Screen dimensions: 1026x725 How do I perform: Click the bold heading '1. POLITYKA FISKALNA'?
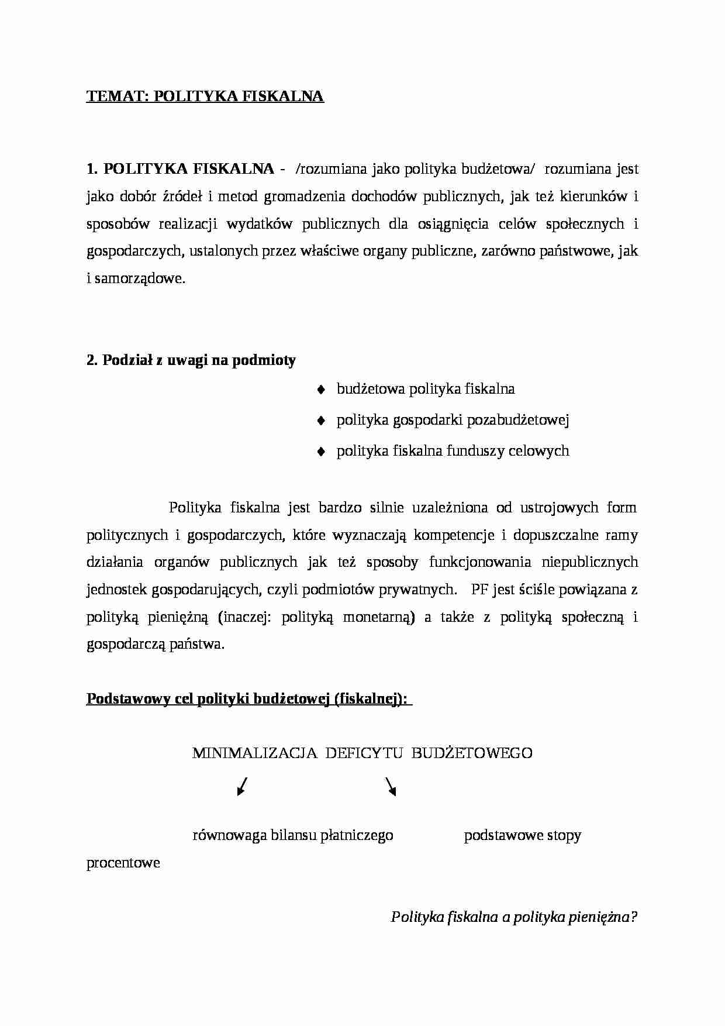pyautogui.click(x=180, y=169)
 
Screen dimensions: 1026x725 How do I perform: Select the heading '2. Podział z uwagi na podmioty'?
pyautogui.click(x=191, y=360)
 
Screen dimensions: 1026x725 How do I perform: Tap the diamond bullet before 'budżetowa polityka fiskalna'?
pyautogui.click(x=320, y=390)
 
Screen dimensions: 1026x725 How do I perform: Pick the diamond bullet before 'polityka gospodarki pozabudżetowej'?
pyautogui.click(x=320, y=421)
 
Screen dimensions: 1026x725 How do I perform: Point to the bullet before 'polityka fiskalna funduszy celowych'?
pyautogui.click(x=320, y=452)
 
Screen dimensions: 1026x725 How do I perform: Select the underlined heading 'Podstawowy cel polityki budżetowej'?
pyautogui.click(x=248, y=699)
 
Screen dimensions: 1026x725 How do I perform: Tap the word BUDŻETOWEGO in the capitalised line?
pyautogui.click(x=472, y=753)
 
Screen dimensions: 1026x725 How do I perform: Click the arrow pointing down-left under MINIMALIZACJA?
pyautogui.click(x=242, y=787)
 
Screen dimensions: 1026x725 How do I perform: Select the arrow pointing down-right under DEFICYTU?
pyautogui.click(x=391, y=787)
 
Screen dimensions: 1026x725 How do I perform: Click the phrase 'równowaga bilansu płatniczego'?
pyautogui.click(x=292, y=835)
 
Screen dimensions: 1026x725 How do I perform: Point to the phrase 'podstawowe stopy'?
pyautogui.click(x=522, y=835)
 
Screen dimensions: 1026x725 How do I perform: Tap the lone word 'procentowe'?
pyautogui.click(x=123, y=863)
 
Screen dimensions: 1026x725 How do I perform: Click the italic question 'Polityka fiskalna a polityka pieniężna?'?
pyautogui.click(x=513, y=917)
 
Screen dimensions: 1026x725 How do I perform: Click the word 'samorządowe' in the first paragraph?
pyautogui.click(x=139, y=279)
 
